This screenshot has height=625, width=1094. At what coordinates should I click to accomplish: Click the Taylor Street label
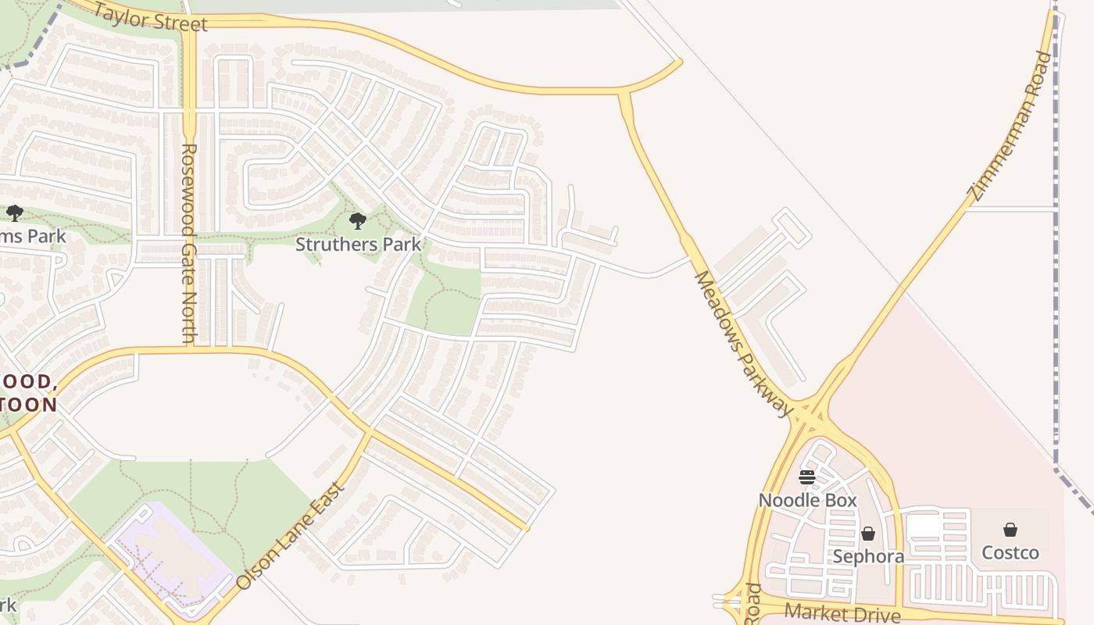pyautogui.click(x=151, y=16)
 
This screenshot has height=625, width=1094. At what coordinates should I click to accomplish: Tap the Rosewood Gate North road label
pyautogui.click(x=188, y=242)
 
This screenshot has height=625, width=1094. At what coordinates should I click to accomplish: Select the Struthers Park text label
pyautogui.click(x=358, y=244)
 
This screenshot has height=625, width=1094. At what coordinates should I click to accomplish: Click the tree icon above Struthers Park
pyautogui.click(x=358, y=221)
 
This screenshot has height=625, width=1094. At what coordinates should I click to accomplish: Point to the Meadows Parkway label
pyautogui.click(x=742, y=344)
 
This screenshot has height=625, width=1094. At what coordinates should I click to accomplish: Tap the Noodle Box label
pyautogui.click(x=807, y=500)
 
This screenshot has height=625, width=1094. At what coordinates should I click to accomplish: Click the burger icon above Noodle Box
pyautogui.click(x=807, y=477)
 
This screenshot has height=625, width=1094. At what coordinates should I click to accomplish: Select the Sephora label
pyautogui.click(x=868, y=556)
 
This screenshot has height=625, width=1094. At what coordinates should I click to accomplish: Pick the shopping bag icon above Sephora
pyautogui.click(x=868, y=534)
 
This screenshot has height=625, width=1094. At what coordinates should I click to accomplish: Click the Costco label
pyautogui.click(x=1010, y=552)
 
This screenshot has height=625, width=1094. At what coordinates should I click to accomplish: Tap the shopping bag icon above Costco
pyautogui.click(x=1010, y=530)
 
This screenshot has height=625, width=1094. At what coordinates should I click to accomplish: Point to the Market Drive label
pyautogui.click(x=842, y=613)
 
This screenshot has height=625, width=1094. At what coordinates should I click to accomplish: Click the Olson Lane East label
pyautogui.click(x=290, y=537)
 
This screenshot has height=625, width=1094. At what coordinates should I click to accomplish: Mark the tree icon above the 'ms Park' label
pyautogui.click(x=14, y=212)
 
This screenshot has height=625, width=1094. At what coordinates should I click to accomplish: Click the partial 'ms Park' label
pyautogui.click(x=33, y=236)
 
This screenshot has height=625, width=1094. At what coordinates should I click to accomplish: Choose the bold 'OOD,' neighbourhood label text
pyautogui.click(x=30, y=382)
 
